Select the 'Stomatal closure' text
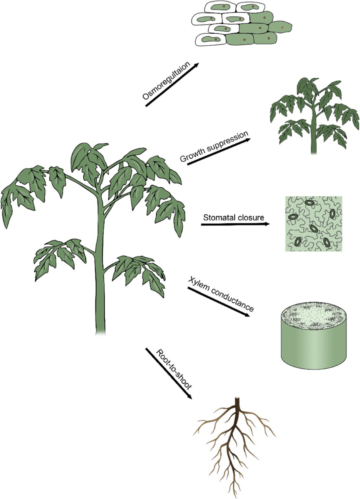[234, 217]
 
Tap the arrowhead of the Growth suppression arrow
[247, 140]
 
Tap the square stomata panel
[314, 224]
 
